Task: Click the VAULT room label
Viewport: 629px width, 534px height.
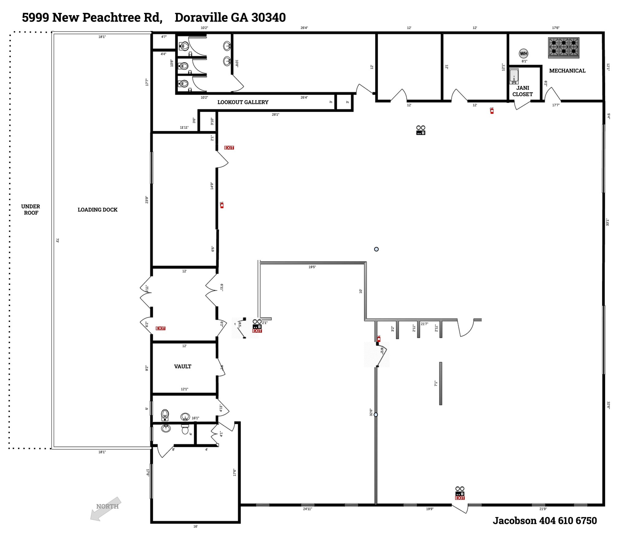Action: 182,366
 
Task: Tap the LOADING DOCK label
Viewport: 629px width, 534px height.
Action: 97,210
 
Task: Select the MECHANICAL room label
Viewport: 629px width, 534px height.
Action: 567,71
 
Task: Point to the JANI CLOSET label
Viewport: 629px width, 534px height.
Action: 522,91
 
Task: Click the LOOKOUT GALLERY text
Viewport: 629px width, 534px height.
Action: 243,102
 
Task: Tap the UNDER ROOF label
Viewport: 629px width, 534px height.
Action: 31,210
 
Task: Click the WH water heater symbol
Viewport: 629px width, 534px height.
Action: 523,53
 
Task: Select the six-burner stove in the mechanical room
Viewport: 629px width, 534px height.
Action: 564,47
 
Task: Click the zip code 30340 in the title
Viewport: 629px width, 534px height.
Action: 268,17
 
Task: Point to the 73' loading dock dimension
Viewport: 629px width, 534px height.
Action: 57,240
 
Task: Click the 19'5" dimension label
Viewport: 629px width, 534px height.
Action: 312,267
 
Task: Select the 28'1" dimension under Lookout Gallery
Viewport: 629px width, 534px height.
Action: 275,114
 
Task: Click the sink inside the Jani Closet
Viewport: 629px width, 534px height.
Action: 514,76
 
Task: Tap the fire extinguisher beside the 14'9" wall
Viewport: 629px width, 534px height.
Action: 222,205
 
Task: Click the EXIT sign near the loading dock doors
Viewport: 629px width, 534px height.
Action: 160,328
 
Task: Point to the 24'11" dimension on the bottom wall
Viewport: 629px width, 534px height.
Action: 307,509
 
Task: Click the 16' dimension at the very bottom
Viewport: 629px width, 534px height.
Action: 195,526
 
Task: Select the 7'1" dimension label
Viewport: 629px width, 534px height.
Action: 436,383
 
